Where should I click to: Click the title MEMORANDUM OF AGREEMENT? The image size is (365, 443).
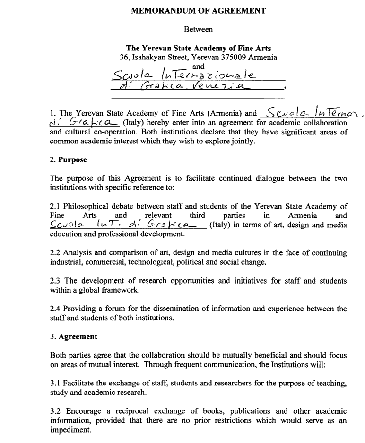[198, 11]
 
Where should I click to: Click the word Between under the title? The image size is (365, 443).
[198, 29]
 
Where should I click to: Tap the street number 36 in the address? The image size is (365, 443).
[124, 58]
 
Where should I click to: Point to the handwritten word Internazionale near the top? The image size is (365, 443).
[209, 75]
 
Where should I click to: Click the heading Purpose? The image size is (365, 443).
[72, 160]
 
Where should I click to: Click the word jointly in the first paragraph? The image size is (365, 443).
[242, 142]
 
